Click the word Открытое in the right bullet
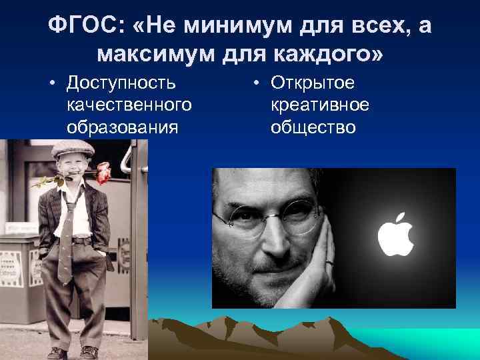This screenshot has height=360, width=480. tap(312, 83)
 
